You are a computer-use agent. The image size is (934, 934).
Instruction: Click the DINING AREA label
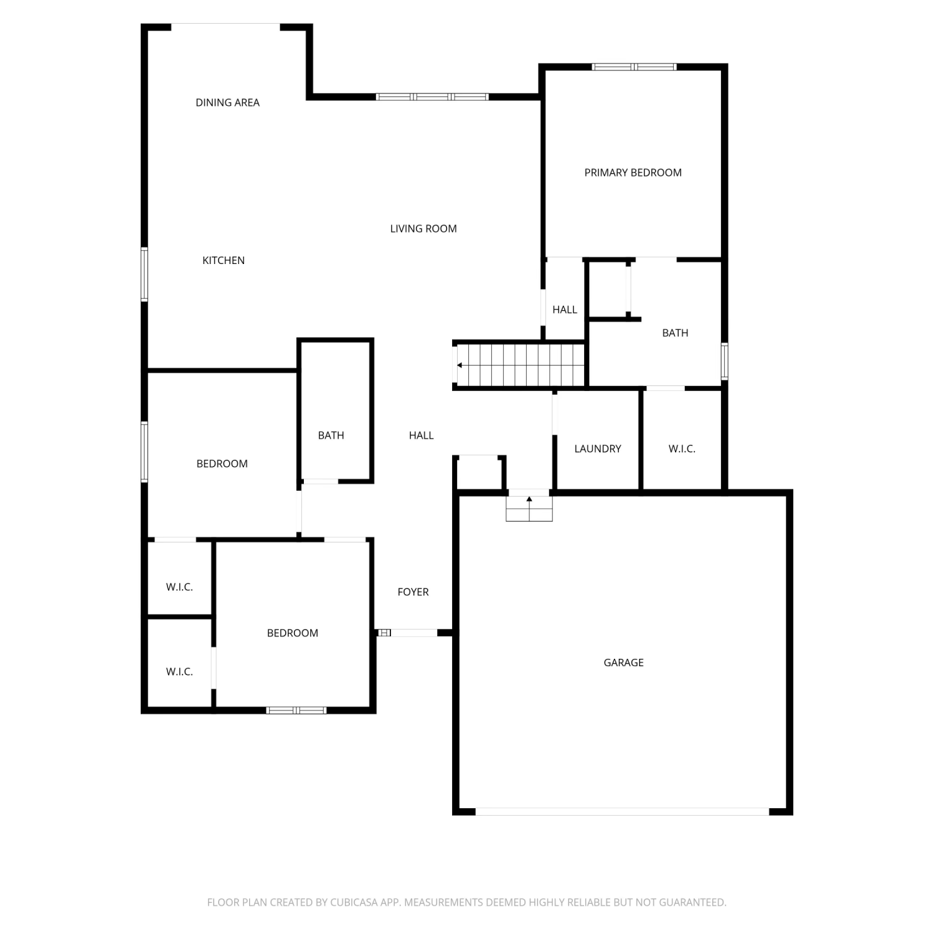click(x=227, y=103)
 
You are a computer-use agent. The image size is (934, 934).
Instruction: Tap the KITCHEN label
click(x=224, y=260)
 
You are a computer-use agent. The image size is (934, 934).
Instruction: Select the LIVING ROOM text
click(x=423, y=229)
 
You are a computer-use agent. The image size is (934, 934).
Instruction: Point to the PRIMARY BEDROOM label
click(x=633, y=172)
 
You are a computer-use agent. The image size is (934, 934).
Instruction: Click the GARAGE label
click(x=623, y=663)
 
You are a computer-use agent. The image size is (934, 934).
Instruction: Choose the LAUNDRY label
click(x=598, y=448)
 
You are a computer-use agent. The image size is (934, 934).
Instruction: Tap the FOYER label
click(x=413, y=592)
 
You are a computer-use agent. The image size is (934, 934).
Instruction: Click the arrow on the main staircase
click(x=460, y=366)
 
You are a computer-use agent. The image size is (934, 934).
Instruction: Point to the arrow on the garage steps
click(x=529, y=499)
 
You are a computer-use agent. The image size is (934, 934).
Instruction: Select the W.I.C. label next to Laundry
click(x=682, y=448)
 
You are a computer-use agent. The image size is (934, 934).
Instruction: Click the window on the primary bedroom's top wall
click(x=634, y=67)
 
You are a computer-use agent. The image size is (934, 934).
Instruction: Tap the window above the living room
click(x=432, y=97)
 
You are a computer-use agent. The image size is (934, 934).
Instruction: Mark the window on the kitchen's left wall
click(x=144, y=274)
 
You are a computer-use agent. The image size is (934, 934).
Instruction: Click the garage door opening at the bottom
click(x=623, y=811)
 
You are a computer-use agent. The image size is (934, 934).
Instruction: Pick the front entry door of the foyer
click(x=408, y=633)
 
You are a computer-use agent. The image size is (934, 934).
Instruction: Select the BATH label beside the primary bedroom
click(x=675, y=333)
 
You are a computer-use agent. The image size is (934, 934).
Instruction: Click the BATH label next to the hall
click(x=331, y=435)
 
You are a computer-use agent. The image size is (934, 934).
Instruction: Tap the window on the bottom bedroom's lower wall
click(x=296, y=710)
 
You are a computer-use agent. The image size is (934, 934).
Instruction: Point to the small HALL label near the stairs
click(x=565, y=309)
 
